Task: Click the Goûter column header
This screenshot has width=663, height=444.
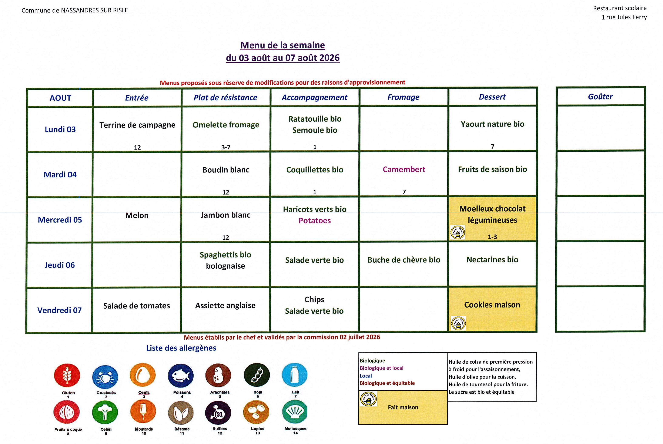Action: pos(600,97)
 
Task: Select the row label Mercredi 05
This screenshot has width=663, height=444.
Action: pos(60,220)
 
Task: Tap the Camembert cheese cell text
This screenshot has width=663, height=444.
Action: pos(404,169)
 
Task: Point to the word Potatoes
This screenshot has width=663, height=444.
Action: pos(315,221)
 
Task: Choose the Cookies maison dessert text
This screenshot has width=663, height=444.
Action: pos(492,305)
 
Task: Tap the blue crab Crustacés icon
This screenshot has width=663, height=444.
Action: pos(105,377)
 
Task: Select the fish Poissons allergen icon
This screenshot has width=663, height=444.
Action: pos(181,376)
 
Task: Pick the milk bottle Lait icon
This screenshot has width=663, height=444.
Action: pos(295,375)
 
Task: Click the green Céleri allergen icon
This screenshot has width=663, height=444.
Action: pos(105,412)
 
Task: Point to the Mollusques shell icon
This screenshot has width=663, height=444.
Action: pos(295,411)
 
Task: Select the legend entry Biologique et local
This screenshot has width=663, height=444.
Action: pos(382,368)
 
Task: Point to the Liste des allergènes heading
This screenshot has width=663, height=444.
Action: pos(181,348)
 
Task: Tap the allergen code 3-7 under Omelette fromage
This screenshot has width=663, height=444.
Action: pos(226,147)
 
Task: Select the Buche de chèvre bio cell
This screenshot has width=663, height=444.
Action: pos(404,260)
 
